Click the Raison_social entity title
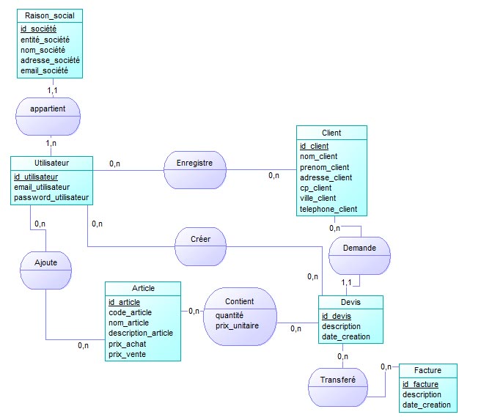click(x=49, y=15)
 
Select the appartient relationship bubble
click(x=48, y=108)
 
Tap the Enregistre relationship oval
click(x=194, y=163)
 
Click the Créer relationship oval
click(x=200, y=240)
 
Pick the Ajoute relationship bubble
click(x=45, y=261)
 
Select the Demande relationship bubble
click(x=359, y=248)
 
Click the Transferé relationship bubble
click(x=337, y=380)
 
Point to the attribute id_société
click(x=38, y=29)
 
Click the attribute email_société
click(x=44, y=70)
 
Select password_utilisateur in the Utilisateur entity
click(x=51, y=197)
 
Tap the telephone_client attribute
click(x=328, y=209)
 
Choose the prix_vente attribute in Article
click(x=127, y=354)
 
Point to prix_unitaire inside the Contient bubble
click(x=237, y=325)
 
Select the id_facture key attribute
click(x=420, y=384)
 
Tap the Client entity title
click(x=331, y=133)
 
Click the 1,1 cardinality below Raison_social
click(x=53, y=89)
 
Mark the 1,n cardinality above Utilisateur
click(x=50, y=143)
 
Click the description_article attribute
click(x=141, y=333)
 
